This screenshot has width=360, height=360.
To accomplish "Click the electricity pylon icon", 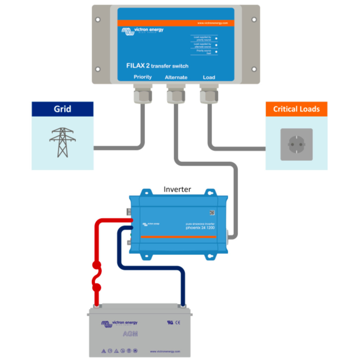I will click(62, 142).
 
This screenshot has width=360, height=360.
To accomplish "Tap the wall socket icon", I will click(296, 144).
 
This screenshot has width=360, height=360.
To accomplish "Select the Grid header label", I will click(62, 109).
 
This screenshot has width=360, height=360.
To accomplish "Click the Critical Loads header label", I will click(296, 109).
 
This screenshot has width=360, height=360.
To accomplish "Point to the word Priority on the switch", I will click(143, 77).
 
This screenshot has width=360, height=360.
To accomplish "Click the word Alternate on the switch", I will click(176, 77).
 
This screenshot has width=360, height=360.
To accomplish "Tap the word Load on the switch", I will click(209, 77).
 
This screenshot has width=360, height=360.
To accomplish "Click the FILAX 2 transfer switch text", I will click(157, 66).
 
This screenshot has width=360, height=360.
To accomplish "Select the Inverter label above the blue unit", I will click(177, 189).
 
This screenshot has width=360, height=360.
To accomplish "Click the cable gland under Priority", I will click(143, 94).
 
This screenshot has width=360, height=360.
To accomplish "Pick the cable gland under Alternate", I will click(176, 94).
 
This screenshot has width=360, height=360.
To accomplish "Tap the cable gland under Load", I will click(209, 94).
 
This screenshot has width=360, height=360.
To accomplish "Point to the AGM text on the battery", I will click(130, 334).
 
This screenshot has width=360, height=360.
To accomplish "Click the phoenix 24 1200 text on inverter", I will click(200, 228).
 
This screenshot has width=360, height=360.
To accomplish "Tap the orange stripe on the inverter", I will click(178, 237).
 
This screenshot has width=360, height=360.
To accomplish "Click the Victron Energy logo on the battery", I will click(119, 323).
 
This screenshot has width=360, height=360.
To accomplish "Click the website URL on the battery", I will click(165, 351).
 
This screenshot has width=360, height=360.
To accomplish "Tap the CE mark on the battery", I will click(178, 322).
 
